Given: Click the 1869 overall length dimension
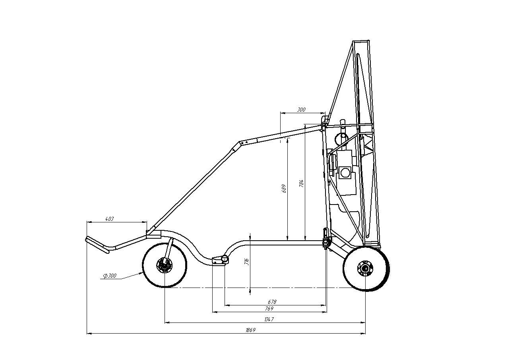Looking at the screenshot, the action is tap(250, 330).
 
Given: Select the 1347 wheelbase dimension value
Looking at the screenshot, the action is tap(269, 319).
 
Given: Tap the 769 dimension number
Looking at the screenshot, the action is tap(269, 309).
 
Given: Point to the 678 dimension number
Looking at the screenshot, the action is tap(272, 302).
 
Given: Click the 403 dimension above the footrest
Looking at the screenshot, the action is tap(109, 219).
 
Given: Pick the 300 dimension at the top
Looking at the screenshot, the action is tap(301, 110).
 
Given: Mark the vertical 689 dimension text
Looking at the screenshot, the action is tap(284, 188).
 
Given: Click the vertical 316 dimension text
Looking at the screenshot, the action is tap(246, 262).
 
